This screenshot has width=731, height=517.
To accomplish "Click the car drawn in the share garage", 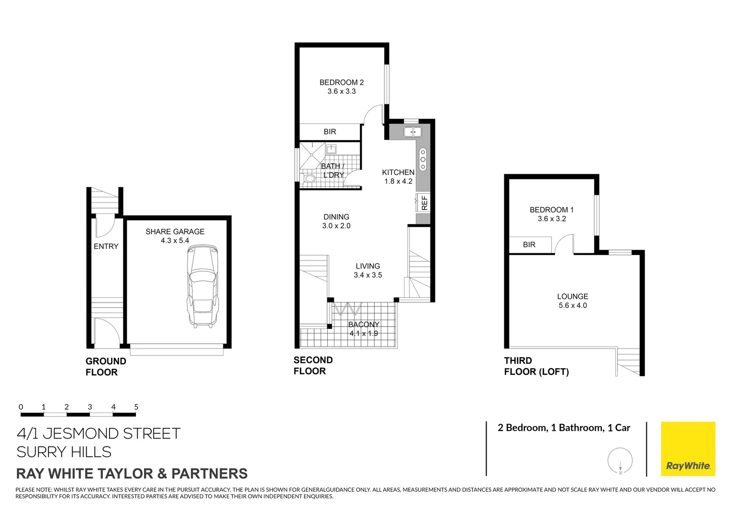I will [202, 286].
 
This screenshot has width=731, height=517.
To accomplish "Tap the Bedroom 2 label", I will [342, 82].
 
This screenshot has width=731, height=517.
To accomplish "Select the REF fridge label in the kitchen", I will [424, 202].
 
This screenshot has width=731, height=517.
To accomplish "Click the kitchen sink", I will [412, 132].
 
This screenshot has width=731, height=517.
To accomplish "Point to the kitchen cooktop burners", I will [423, 159].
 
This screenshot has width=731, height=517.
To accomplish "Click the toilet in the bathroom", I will [309, 179].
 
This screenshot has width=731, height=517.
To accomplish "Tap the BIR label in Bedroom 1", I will [529, 245].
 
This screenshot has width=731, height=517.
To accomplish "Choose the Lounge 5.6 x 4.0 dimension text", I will [573, 305].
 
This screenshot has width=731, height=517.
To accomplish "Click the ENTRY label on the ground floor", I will [106, 247].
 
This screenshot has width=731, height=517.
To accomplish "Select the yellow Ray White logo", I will [687, 449].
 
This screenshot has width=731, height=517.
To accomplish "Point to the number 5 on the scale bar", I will [136, 407].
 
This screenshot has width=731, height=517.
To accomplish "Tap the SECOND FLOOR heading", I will [313, 366].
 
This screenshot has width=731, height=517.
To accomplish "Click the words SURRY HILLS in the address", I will [64, 452].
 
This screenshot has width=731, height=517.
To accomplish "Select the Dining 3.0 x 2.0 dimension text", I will [336, 226].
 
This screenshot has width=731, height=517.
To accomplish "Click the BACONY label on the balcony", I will [364, 325].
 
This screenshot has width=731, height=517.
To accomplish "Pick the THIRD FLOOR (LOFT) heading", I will [536, 366].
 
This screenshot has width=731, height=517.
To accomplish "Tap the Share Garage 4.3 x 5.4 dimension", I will [175, 241].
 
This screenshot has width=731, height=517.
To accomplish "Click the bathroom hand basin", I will [331, 149].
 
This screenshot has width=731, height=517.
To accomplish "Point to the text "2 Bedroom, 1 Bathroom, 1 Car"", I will [564, 428].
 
